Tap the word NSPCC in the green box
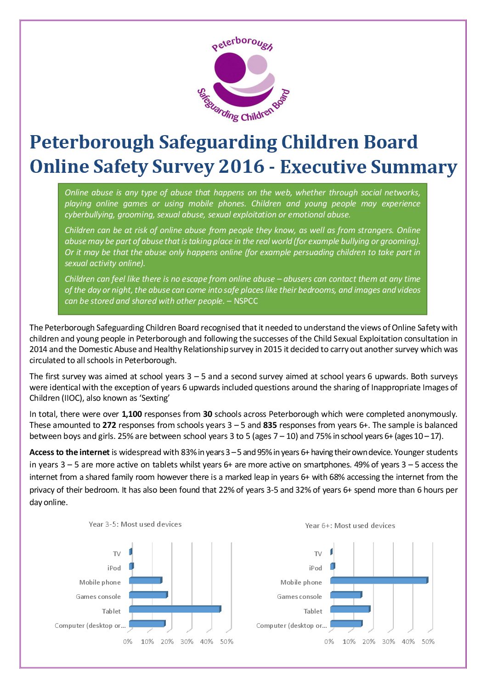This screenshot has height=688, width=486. [x=246, y=301]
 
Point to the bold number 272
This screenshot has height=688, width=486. [x=109, y=425]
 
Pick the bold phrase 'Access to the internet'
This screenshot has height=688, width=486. [x=69, y=452]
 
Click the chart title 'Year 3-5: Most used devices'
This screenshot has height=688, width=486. [x=135, y=524]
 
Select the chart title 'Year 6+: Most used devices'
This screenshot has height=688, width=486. [x=350, y=526]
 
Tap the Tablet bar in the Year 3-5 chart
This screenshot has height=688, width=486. [x=175, y=609]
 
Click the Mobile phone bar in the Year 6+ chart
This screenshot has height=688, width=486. [x=379, y=581]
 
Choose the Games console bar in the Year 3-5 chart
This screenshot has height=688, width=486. [x=148, y=595]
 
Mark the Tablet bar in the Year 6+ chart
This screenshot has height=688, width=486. [x=350, y=609]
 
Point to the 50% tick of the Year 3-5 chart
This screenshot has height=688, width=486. [x=226, y=642]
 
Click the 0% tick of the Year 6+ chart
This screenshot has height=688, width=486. [x=329, y=642]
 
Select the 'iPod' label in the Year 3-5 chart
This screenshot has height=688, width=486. [x=114, y=568]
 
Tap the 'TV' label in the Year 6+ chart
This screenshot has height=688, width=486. [x=318, y=554]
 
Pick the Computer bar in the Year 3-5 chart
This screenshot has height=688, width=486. [x=147, y=624]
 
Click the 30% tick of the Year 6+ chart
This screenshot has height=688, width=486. [x=388, y=642]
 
